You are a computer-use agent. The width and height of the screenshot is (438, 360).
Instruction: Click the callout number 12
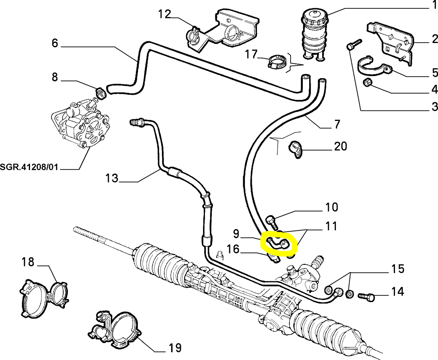164,14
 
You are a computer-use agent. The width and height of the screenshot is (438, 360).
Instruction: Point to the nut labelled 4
368,82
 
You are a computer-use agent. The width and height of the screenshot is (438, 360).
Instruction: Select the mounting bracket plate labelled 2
391,41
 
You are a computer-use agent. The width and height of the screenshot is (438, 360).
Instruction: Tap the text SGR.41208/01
29,167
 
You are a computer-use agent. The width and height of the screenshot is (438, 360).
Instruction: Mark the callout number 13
112,178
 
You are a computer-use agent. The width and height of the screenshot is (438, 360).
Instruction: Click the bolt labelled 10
271,222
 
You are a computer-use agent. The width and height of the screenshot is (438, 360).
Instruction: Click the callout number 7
337,124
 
